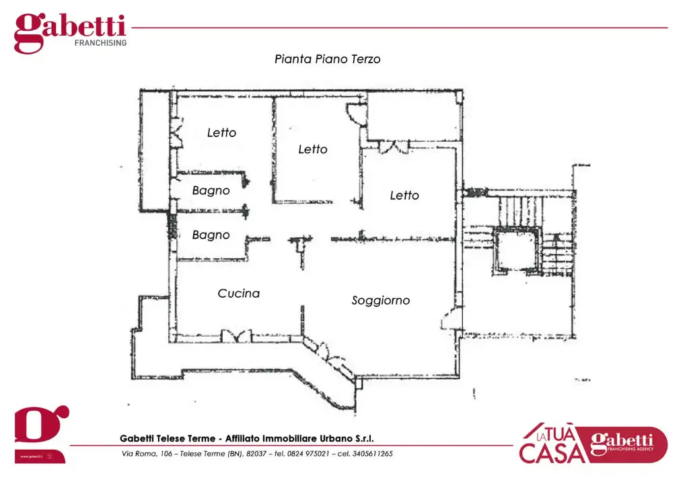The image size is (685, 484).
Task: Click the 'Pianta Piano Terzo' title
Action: tap(327, 59)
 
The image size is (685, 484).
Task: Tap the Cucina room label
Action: tap(238, 293)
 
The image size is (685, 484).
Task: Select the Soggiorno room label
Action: tap(380, 300)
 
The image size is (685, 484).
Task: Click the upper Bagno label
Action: tap(211, 190)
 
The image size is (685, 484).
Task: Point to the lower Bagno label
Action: tap(211, 235)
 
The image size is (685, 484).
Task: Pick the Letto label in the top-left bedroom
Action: tap(221, 132)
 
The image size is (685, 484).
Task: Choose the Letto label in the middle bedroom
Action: tap(313, 149)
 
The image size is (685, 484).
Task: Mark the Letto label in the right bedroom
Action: tap(404, 195)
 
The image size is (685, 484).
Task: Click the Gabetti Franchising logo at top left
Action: tap(70, 33)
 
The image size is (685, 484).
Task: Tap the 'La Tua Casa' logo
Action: tap(593, 444)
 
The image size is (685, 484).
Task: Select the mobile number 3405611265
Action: tap(371, 454)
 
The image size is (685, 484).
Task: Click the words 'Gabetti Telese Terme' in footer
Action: tap(168, 438)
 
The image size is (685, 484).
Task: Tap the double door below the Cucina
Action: tap(236, 335)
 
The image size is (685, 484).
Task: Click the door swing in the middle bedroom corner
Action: tap(355, 114)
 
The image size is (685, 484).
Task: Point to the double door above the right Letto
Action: tap(394, 147)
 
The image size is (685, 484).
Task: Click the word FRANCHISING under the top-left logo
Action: tap(100, 43)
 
